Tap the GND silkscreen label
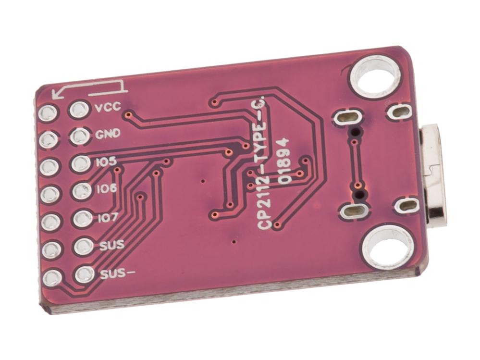click(108, 134)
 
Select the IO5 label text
click(106, 161)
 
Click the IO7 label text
click(108, 218)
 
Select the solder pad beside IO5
click(81, 163)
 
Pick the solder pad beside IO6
click(82, 191)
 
